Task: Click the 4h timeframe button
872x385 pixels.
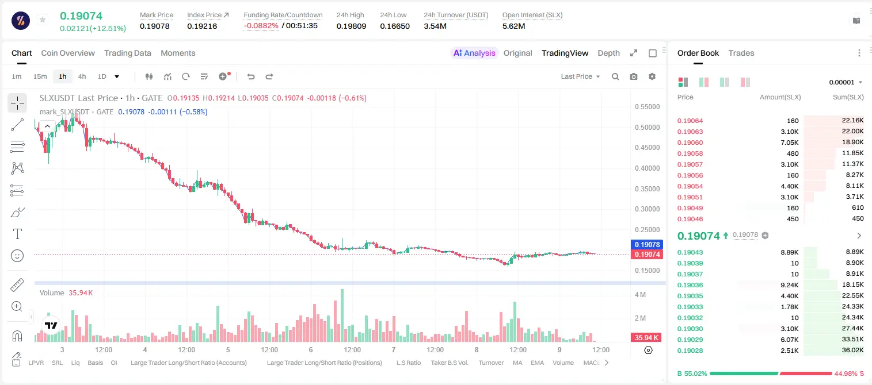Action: (x=82, y=76)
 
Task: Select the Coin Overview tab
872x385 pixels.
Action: (x=68, y=53)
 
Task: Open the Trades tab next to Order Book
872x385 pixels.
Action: (x=741, y=53)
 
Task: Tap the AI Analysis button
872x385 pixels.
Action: (x=474, y=53)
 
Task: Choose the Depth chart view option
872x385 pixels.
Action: (x=608, y=53)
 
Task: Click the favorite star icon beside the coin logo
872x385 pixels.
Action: (x=43, y=20)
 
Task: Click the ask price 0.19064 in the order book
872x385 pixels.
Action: (x=690, y=121)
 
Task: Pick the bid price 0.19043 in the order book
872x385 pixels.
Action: (x=690, y=252)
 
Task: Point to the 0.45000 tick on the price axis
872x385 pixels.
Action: (x=648, y=148)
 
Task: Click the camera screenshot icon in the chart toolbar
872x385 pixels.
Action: (x=634, y=76)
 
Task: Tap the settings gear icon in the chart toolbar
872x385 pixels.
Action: (x=652, y=76)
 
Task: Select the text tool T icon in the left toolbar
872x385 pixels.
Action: (x=17, y=234)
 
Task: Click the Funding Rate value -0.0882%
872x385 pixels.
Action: (x=261, y=26)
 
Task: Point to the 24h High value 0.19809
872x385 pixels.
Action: (x=351, y=26)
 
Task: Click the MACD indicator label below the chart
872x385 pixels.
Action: (x=591, y=363)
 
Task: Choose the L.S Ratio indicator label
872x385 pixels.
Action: (x=409, y=363)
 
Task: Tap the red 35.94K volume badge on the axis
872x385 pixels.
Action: (x=646, y=338)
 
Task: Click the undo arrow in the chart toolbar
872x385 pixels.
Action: (x=251, y=76)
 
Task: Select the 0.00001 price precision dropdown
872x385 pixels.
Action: (x=846, y=82)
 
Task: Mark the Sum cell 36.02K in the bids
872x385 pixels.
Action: (x=852, y=350)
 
